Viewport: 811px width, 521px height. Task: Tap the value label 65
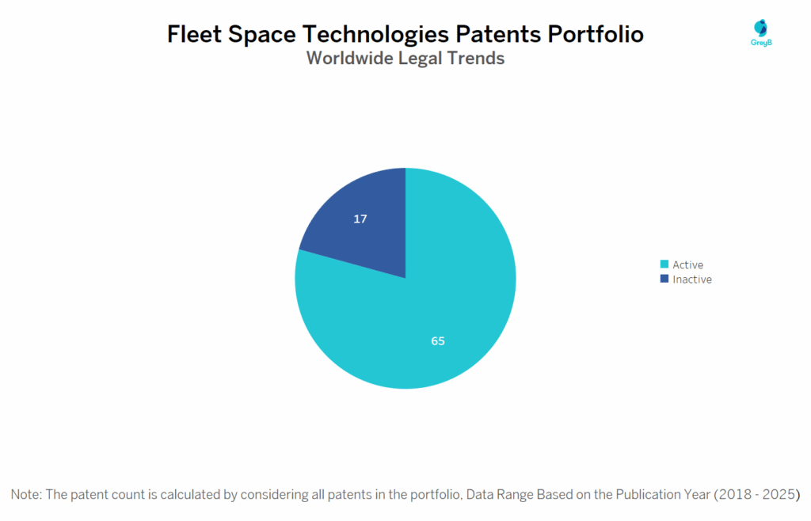(x=438, y=341)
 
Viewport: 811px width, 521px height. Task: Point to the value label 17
(x=360, y=219)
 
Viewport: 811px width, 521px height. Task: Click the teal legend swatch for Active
(x=664, y=264)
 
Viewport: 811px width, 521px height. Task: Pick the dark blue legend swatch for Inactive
(x=664, y=279)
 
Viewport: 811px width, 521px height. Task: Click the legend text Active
(x=687, y=264)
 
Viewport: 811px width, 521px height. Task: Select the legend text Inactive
(x=692, y=280)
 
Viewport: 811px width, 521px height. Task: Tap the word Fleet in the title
(x=193, y=34)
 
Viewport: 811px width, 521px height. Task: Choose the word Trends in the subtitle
(x=477, y=58)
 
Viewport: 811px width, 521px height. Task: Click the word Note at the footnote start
(x=26, y=494)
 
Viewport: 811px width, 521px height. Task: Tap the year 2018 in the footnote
(x=734, y=494)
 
